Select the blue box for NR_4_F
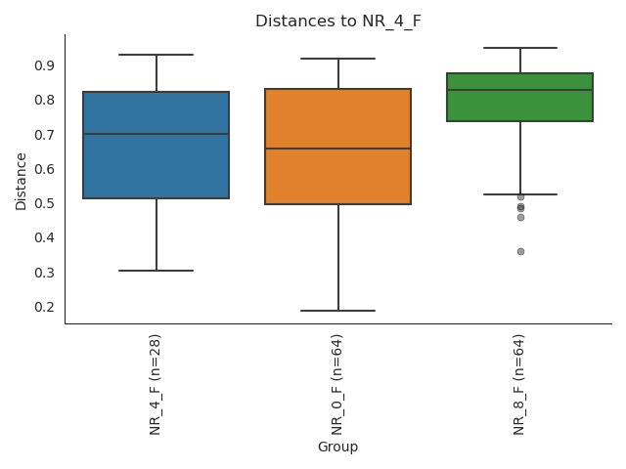point(156,156)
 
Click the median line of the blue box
point(156,134)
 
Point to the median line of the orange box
point(338,149)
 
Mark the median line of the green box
point(519,90)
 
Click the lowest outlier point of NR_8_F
point(520,251)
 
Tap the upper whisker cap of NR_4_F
point(156,55)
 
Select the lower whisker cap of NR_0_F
point(338,311)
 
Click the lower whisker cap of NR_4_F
point(156,271)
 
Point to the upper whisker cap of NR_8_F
point(519,48)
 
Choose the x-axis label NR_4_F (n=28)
point(156,383)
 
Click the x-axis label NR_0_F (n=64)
point(337,383)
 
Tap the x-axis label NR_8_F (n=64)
point(519,383)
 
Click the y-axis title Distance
point(22,181)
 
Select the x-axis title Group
point(337,447)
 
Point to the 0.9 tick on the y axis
point(45,65)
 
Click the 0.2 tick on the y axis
point(45,307)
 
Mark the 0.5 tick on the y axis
point(45,203)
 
